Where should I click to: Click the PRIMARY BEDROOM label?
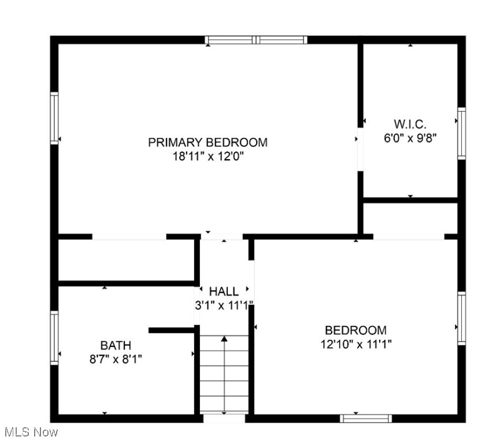207,142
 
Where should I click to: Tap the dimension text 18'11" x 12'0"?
207,157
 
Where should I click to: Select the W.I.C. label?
410,124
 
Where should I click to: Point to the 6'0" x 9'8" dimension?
410,138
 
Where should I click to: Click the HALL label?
224,291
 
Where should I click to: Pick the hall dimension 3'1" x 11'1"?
224,305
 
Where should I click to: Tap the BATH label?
116,345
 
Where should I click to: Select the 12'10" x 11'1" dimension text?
355,345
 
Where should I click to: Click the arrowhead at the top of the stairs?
224,338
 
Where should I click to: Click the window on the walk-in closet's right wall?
461,133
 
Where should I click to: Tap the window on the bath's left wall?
54,338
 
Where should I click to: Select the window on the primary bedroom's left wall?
54,119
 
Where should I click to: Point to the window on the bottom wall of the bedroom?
366,418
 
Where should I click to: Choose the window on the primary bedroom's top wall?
255,40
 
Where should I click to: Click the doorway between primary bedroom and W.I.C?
360,150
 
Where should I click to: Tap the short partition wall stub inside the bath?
171,330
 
